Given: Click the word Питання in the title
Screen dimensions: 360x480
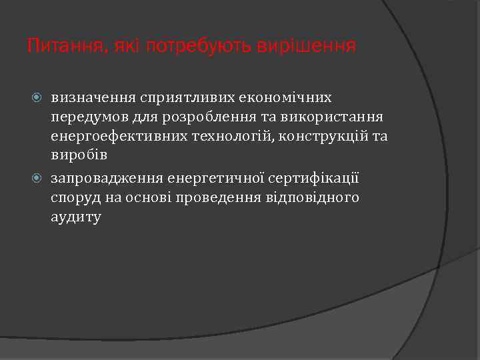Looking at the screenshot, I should tap(61, 46).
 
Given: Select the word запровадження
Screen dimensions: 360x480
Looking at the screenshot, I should tap(106, 178).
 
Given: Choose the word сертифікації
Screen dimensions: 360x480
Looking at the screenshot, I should tap(315, 178).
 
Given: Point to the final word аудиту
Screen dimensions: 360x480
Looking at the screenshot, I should tap(75, 217).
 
